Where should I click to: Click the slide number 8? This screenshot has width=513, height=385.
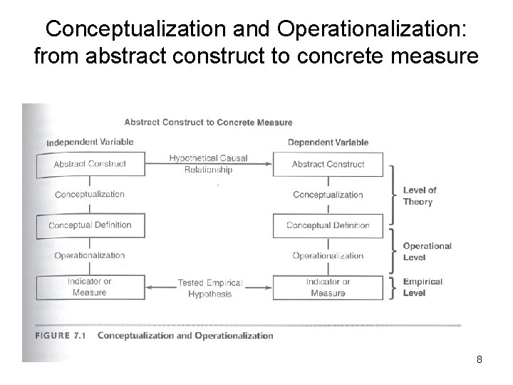(480, 359)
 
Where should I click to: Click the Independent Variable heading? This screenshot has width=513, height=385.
(90, 142)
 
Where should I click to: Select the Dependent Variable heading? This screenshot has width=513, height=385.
(328, 142)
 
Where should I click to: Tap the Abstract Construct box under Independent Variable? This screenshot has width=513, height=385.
(90, 164)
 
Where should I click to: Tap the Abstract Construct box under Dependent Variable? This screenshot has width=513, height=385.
(328, 164)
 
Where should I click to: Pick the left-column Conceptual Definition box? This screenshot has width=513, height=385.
(90, 225)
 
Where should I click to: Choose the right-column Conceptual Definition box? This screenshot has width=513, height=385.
(328, 225)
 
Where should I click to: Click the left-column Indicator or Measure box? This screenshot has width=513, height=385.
(90, 287)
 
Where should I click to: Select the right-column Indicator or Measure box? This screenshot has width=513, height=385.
(328, 287)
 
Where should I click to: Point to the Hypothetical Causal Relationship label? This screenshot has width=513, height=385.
(208, 164)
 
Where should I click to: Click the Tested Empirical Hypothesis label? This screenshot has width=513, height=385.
(209, 288)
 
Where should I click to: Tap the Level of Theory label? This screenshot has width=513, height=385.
(419, 196)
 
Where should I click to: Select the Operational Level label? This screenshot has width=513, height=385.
(427, 251)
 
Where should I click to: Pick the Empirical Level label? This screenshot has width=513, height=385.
(423, 287)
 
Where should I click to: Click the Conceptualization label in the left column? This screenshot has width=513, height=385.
(90, 194)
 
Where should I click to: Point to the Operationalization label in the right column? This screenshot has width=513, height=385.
(328, 256)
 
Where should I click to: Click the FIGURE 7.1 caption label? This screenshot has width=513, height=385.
(61, 335)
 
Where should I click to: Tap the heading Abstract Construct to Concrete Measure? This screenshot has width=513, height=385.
(208, 123)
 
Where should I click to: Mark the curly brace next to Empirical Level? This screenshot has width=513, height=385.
(394, 287)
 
